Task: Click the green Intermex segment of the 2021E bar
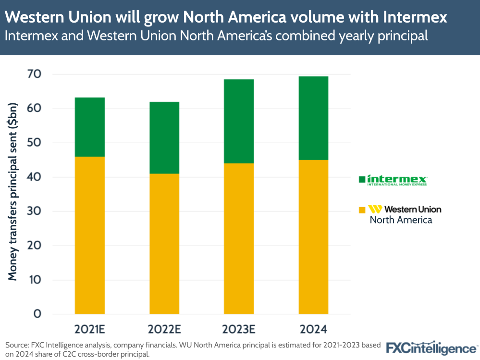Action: click(90, 127)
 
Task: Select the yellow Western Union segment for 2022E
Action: click(164, 244)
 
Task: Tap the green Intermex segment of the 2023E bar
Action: click(239, 121)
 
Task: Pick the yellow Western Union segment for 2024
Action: click(313, 237)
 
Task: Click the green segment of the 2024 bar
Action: click(313, 118)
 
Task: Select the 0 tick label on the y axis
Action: click(37, 314)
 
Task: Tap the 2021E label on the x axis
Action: click(90, 330)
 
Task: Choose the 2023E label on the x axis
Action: click(239, 330)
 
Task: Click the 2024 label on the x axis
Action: click(313, 330)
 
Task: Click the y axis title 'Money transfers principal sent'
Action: click(13, 191)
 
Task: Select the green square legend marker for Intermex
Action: click(362, 180)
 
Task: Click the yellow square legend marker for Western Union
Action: click(362, 210)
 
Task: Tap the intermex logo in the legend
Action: click(397, 180)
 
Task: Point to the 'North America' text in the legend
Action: click(401, 220)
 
